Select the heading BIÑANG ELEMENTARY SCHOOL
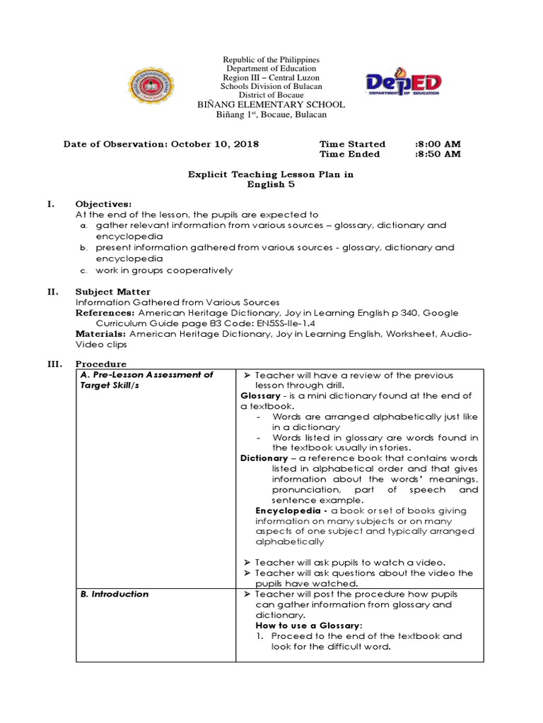pyautogui.click(x=271, y=104)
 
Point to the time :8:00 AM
pyautogui.click(x=438, y=144)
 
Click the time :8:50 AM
pyautogui.click(x=438, y=154)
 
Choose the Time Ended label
pyautogui.click(x=349, y=154)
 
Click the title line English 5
pyautogui.click(x=270, y=184)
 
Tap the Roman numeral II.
pyautogui.click(x=52, y=292)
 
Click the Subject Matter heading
pyautogui.click(x=113, y=292)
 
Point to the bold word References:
pyautogui.click(x=105, y=313)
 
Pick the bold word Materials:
pyautogui.click(x=101, y=334)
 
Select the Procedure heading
pyautogui.click(x=101, y=364)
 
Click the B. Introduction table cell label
pyautogui.click(x=115, y=594)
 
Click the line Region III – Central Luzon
pyautogui.click(x=271, y=78)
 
